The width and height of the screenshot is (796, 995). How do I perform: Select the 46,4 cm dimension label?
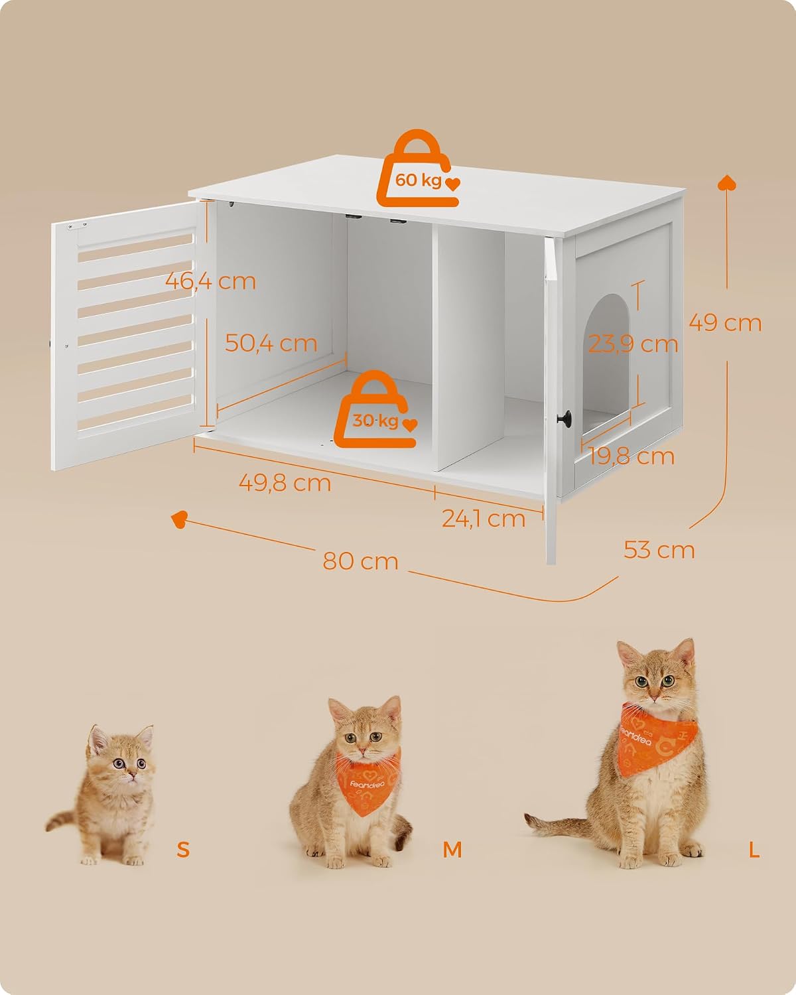tap(210, 281)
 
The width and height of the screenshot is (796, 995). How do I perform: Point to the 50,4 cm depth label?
tap(271, 343)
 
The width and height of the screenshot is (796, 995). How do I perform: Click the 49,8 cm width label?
tap(285, 483)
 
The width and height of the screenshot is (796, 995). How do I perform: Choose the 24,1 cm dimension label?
tap(484, 518)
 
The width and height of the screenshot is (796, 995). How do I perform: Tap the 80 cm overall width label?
tap(360, 561)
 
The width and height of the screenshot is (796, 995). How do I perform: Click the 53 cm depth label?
tap(659, 550)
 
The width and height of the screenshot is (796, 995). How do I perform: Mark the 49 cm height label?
tap(725, 323)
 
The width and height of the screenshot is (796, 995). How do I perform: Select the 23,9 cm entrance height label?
tap(633, 344)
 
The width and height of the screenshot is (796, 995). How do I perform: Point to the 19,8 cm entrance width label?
tap(631, 456)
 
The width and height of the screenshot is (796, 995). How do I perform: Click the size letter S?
tap(183, 849)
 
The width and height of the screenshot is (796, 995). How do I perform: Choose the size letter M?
tap(452, 849)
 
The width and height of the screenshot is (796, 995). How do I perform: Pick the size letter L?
tap(754, 849)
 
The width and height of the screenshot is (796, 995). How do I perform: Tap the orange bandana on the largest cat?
tap(657, 738)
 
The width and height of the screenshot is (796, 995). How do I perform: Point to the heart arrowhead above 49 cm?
tap(726, 182)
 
